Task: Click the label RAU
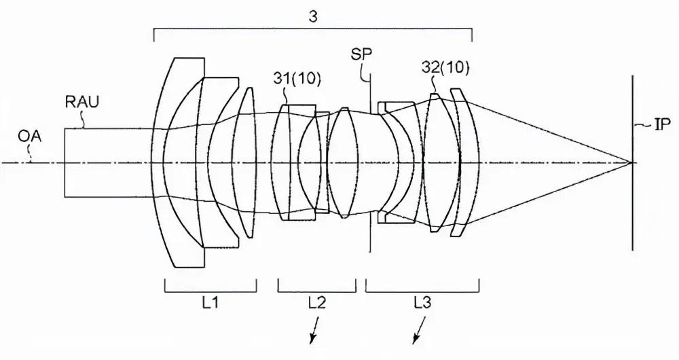(x=82, y=102)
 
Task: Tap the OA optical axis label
(x=29, y=137)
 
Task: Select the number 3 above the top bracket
(x=312, y=16)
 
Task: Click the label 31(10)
(x=297, y=79)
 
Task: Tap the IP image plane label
(x=661, y=126)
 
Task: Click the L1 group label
(x=210, y=303)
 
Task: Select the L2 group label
(x=317, y=303)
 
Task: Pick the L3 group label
(x=422, y=303)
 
